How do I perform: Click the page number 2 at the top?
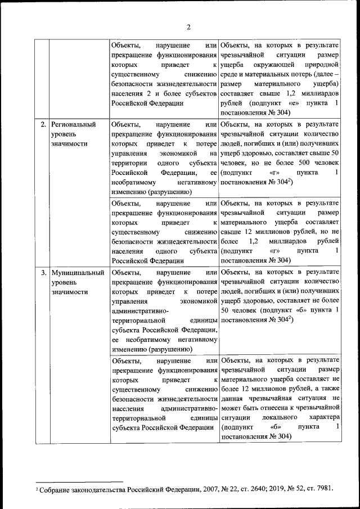(x=189, y=27)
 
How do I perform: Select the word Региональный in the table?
(x=73, y=124)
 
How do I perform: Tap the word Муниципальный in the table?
(x=78, y=272)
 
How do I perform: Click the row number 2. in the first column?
(x=43, y=124)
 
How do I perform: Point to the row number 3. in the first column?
(x=43, y=272)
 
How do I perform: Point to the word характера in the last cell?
(x=322, y=417)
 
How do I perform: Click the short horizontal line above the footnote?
(x=79, y=481)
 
